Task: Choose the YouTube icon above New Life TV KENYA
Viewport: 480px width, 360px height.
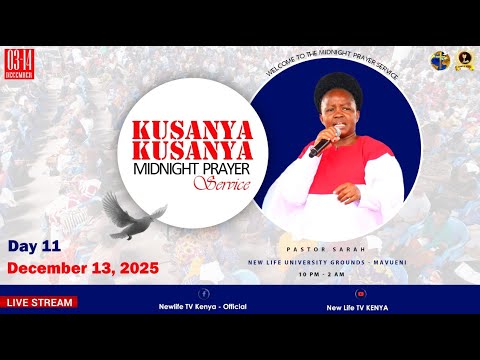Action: [x=360, y=294]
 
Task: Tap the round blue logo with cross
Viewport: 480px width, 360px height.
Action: [x=439, y=61]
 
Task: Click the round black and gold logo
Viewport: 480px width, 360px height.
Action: [x=461, y=61]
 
